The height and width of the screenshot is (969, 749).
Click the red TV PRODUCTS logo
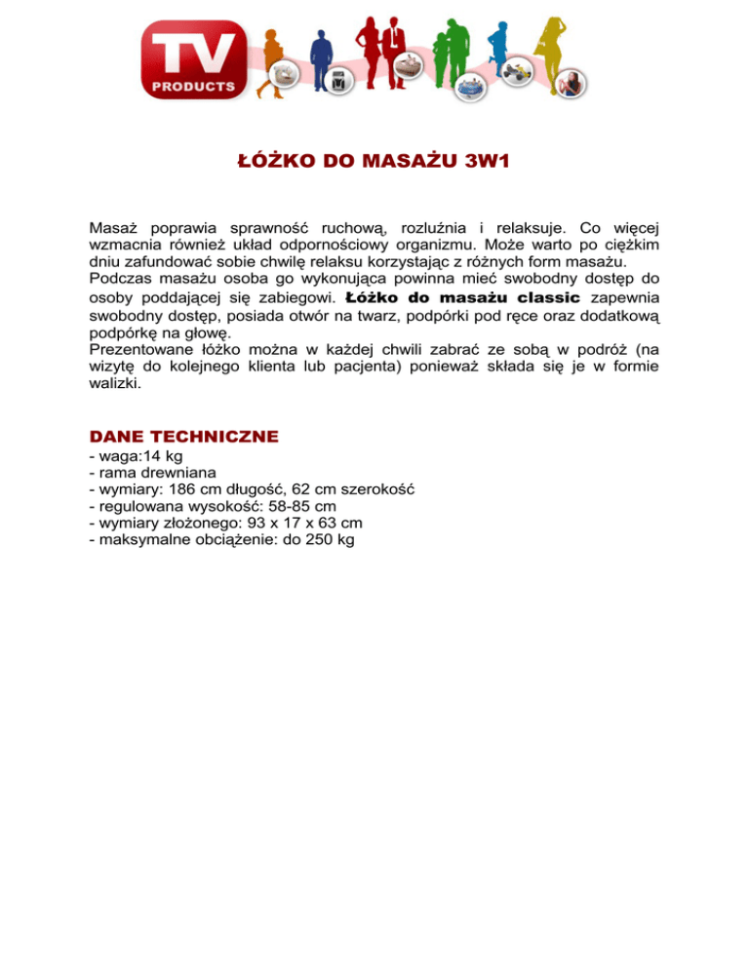coord(195,59)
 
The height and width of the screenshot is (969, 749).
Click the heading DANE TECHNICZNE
coord(183,436)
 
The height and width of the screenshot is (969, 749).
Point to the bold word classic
coord(547,296)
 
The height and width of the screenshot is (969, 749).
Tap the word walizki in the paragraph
coord(115,384)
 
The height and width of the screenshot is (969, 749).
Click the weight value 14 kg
coord(162,455)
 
